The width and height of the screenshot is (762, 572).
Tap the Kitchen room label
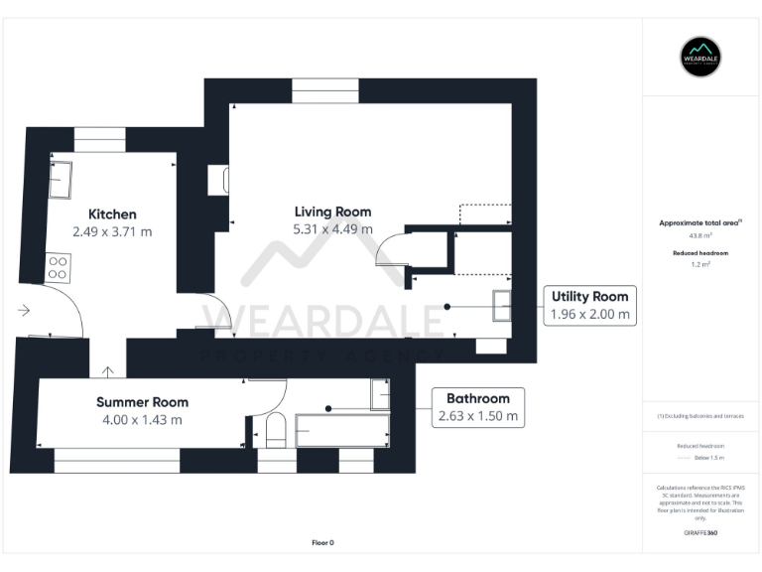112,214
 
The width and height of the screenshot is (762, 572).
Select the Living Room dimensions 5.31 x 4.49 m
332,229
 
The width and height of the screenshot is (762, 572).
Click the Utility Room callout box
589,305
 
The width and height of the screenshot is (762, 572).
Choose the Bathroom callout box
478,407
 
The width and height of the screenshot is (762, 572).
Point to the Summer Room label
142,402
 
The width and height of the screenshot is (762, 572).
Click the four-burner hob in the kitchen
58,267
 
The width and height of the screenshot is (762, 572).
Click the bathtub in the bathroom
341,429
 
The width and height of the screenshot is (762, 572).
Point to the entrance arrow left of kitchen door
24,311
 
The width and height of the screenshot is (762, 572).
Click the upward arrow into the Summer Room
107,371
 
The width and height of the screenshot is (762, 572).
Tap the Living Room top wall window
325,90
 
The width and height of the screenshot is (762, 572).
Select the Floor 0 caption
323,542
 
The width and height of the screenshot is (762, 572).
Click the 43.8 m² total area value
701,236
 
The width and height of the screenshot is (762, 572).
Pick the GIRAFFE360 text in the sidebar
701,533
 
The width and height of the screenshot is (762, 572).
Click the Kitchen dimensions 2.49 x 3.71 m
112,231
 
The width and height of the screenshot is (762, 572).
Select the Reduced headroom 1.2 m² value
701,266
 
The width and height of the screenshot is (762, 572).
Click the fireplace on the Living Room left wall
219,180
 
